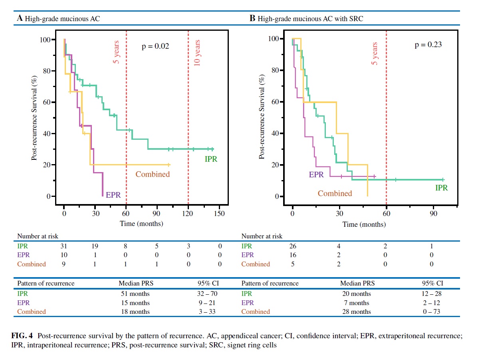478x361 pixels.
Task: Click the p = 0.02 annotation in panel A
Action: [155, 46]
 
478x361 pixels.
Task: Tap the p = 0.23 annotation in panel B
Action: [428, 45]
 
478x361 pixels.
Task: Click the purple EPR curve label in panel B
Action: [316, 174]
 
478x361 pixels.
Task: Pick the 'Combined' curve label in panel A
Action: [153, 174]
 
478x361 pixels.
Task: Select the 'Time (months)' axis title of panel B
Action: [364, 224]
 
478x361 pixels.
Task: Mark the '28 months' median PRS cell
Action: [355, 311]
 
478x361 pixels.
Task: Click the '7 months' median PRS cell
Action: [355, 303]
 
